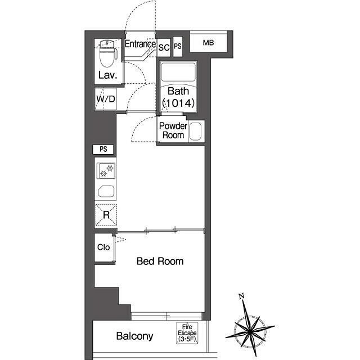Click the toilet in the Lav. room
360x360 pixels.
pos(109,53)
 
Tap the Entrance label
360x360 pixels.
pos(140,44)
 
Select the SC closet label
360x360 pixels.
pos(164,47)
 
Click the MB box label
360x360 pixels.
pos(208,43)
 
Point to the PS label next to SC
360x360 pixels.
pos(178,46)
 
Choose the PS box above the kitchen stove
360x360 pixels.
pos(103,149)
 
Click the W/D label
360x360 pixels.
pos(106,99)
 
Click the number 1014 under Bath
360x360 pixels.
pos(179,103)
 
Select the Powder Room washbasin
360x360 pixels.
pos(195,132)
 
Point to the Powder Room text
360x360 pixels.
pos(173,130)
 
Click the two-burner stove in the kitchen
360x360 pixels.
pos(106,171)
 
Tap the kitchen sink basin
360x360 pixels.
pos(106,191)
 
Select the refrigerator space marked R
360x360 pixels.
pos(106,215)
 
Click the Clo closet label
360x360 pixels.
pos(103,247)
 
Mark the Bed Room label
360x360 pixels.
pos(160,261)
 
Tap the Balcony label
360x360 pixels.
pos(134,336)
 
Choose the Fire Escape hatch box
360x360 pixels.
pos(187,333)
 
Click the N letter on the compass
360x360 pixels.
pos(241,296)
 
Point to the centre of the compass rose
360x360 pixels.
pos(250,331)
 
